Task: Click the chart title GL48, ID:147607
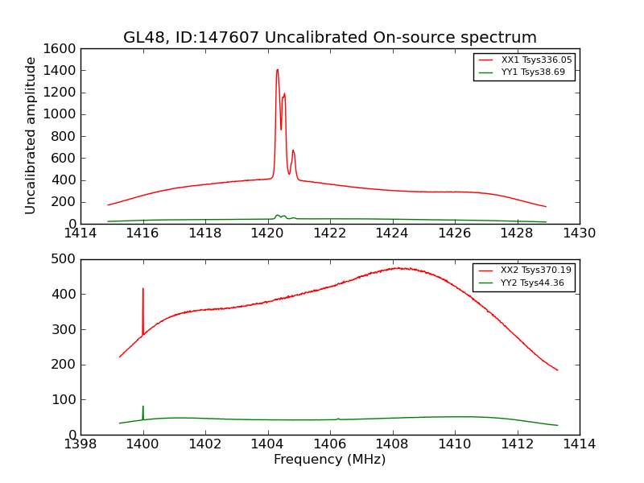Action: click(329, 38)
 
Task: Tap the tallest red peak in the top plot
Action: click(277, 70)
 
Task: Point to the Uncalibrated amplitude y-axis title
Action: click(31, 135)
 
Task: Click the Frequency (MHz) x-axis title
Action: click(329, 460)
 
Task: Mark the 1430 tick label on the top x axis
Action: click(579, 233)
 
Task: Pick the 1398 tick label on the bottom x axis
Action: click(80, 444)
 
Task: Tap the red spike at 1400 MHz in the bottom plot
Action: click(143, 290)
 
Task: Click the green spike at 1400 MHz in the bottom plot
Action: click(143, 407)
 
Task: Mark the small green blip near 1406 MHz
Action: click(338, 418)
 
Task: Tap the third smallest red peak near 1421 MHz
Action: click(293, 151)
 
